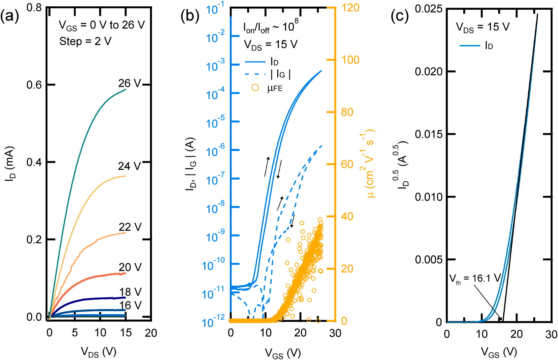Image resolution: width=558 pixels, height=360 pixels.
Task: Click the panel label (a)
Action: [x=10, y=16]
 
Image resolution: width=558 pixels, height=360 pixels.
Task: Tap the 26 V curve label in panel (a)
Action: [x=129, y=83]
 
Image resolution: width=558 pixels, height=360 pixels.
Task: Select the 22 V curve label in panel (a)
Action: [x=130, y=227]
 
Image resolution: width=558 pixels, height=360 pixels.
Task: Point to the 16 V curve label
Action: [x=130, y=306]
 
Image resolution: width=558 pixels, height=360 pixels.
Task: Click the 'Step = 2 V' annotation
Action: [x=85, y=42]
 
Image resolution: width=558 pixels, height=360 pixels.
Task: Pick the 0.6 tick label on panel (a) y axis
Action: [x=34, y=85]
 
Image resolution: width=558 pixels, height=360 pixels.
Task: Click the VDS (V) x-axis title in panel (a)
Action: [x=99, y=352]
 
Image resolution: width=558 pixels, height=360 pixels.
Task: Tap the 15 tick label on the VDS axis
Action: [x=126, y=333]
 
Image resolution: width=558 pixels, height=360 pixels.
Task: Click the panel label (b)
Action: [x=190, y=16]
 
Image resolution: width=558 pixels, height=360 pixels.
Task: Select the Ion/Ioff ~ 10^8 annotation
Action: [x=271, y=27]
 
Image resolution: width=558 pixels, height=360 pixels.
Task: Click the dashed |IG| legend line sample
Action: [x=255, y=74]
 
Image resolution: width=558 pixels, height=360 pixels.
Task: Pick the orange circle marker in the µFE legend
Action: [x=255, y=88]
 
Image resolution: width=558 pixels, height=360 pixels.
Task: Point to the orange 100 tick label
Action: [x=350, y=60]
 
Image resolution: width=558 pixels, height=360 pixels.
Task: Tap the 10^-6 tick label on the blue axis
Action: [x=215, y=150]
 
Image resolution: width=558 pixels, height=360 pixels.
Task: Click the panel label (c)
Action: [x=400, y=16]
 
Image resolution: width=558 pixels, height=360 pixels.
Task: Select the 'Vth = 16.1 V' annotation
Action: [x=475, y=278]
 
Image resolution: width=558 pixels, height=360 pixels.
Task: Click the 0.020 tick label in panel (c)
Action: [x=428, y=72]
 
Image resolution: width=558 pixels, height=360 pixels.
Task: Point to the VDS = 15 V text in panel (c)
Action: [x=483, y=27]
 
